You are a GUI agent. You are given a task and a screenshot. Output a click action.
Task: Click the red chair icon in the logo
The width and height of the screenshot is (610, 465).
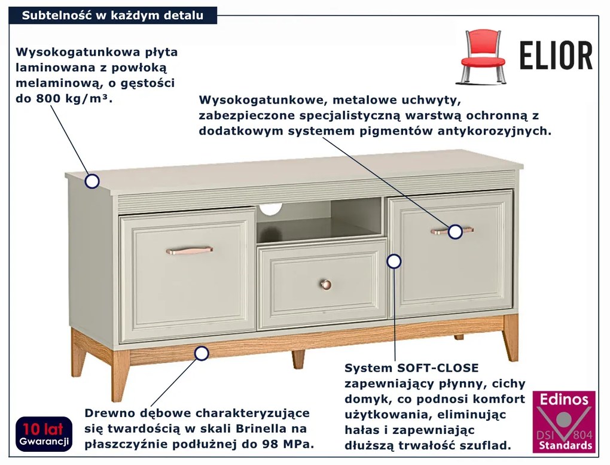[483, 57]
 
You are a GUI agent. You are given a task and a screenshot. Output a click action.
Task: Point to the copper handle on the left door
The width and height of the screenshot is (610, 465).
[190, 250]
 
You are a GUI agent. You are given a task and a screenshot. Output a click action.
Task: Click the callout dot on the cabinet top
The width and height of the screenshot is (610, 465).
[92, 181]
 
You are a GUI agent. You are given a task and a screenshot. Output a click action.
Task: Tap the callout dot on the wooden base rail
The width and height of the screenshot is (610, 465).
[201, 353]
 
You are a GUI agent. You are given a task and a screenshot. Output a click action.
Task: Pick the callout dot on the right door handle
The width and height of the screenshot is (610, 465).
[455, 232]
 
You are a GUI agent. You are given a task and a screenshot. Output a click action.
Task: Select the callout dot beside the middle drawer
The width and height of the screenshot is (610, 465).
[394, 262]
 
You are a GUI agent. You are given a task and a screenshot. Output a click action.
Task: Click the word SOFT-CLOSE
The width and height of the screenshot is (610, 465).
[438, 368]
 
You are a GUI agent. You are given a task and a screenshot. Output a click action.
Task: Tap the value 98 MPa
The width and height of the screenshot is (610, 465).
[292, 445]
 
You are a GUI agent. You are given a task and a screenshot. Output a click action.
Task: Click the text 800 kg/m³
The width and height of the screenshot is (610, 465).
[74, 99]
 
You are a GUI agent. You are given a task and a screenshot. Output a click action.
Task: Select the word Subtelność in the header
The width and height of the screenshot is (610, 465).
[57, 16]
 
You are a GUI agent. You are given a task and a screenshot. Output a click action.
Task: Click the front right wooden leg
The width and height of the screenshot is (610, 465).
[510, 337]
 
